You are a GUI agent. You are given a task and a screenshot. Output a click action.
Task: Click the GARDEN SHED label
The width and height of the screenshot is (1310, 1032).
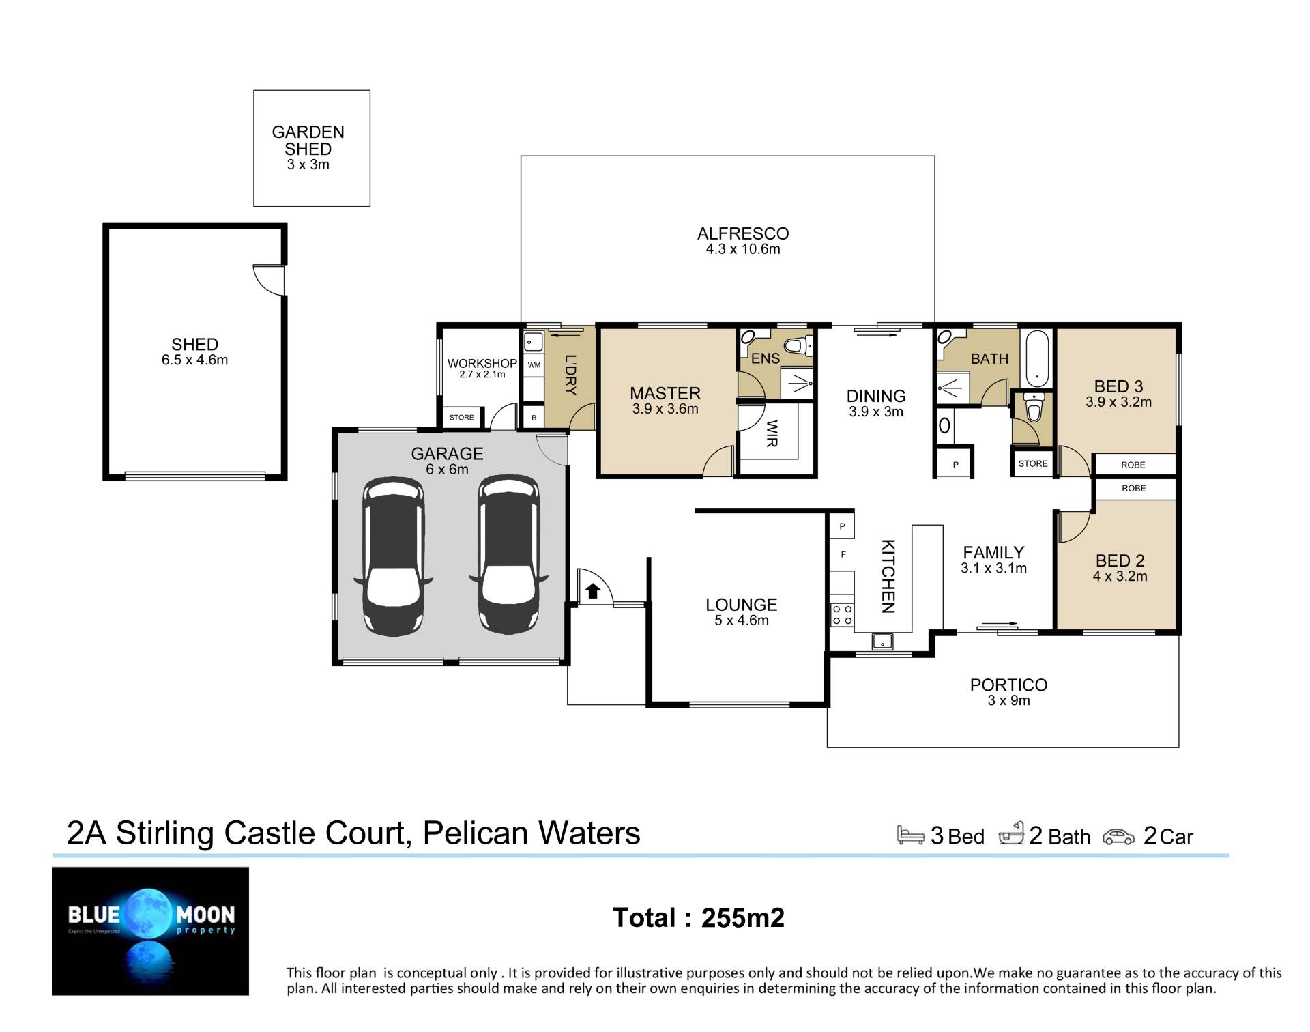click(308, 141)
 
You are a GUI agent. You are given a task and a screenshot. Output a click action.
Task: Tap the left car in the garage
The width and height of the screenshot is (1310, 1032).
click(393, 556)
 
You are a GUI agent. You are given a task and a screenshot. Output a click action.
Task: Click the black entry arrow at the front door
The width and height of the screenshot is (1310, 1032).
click(592, 590)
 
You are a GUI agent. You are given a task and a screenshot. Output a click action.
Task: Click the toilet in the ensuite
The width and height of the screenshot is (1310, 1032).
click(799, 345)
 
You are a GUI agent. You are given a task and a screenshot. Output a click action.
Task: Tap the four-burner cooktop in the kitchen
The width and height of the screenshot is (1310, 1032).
click(842, 614)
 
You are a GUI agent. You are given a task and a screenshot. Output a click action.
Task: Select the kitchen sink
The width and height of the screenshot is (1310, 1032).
click(882, 642)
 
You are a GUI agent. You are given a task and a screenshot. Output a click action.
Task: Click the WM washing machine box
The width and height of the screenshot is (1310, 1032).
click(534, 365)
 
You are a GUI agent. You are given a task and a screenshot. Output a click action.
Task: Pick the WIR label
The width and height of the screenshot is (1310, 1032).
click(772, 433)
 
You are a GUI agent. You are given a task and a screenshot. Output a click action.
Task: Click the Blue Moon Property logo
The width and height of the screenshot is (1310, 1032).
click(151, 931)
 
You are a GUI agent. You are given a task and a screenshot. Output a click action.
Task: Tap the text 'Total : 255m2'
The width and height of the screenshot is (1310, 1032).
click(699, 918)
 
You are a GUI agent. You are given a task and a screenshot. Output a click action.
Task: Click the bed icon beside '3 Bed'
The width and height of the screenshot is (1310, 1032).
click(911, 835)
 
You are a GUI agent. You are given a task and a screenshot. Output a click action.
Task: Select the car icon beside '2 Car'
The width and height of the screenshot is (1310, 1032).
click(1119, 837)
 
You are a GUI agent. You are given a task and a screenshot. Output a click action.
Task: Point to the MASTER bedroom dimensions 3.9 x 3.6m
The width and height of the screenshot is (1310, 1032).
click(665, 410)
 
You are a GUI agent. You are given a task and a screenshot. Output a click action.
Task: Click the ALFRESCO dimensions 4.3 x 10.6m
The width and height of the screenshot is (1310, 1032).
click(743, 249)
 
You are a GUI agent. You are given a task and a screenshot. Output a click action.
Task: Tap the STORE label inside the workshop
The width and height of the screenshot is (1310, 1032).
click(462, 418)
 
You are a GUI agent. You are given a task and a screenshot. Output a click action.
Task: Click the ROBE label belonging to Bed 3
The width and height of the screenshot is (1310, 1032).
click(1133, 465)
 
